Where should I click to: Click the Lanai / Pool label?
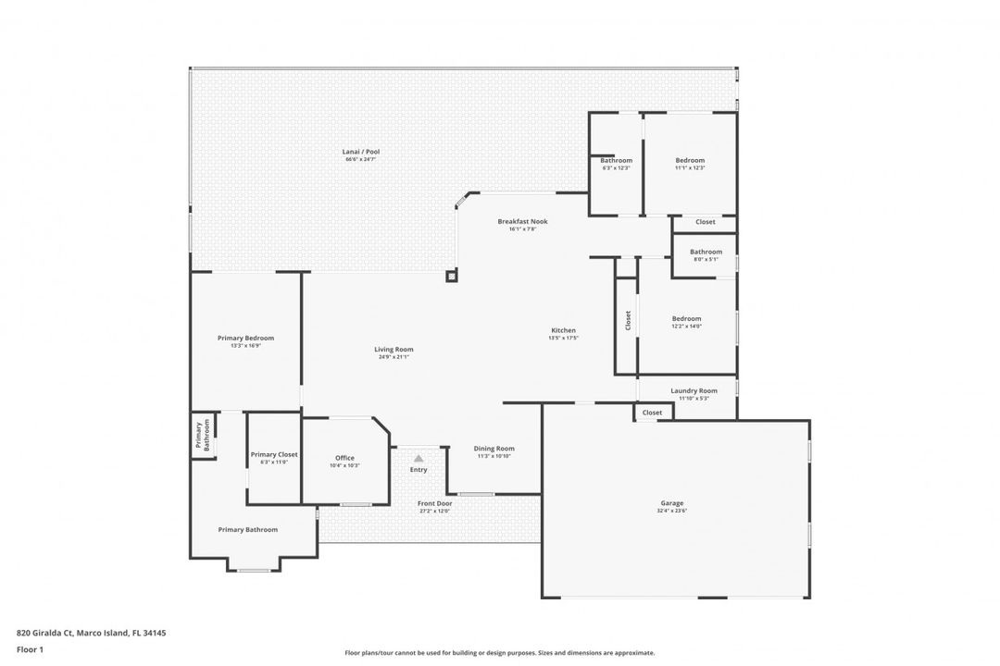pos(360,152)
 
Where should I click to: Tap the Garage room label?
pos(673,503)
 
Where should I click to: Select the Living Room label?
pos(394,350)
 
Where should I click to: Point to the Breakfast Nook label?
pos(522,221)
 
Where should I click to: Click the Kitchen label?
pos(563,330)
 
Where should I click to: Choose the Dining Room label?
pos(494,449)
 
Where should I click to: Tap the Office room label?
pos(344,458)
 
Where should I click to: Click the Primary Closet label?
pos(274,454)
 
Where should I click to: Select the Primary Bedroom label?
pos(245,339)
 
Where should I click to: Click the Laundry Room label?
pos(694,390)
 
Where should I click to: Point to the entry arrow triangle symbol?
pos(419,458)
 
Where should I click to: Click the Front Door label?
pos(433,503)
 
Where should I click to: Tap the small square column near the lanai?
pos(451,275)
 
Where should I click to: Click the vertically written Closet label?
pos(628,320)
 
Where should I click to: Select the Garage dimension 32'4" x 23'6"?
pos(673,511)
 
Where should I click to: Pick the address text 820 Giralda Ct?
pos(91,634)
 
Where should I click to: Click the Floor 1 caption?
pos(31,649)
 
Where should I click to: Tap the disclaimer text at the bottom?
pos(499,652)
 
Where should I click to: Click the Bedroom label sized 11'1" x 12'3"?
pos(690,160)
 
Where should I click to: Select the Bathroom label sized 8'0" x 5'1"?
pos(706,252)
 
